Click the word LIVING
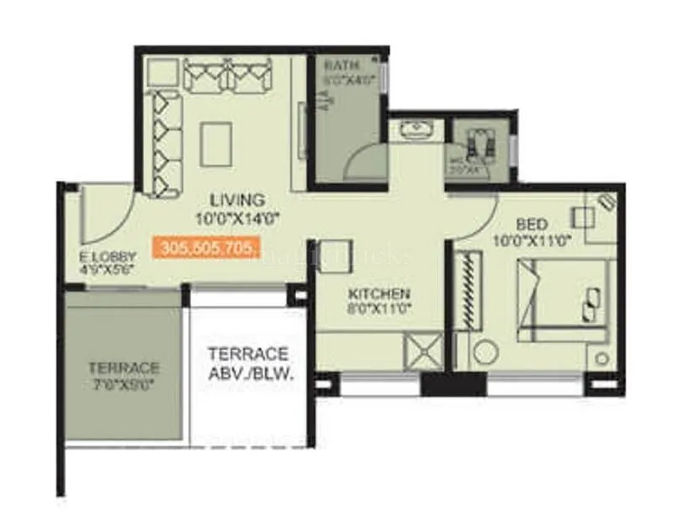pyautogui.click(x=237, y=200)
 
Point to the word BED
pyautogui.click(x=532, y=224)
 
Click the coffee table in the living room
pyautogui.click(x=216, y=143)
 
